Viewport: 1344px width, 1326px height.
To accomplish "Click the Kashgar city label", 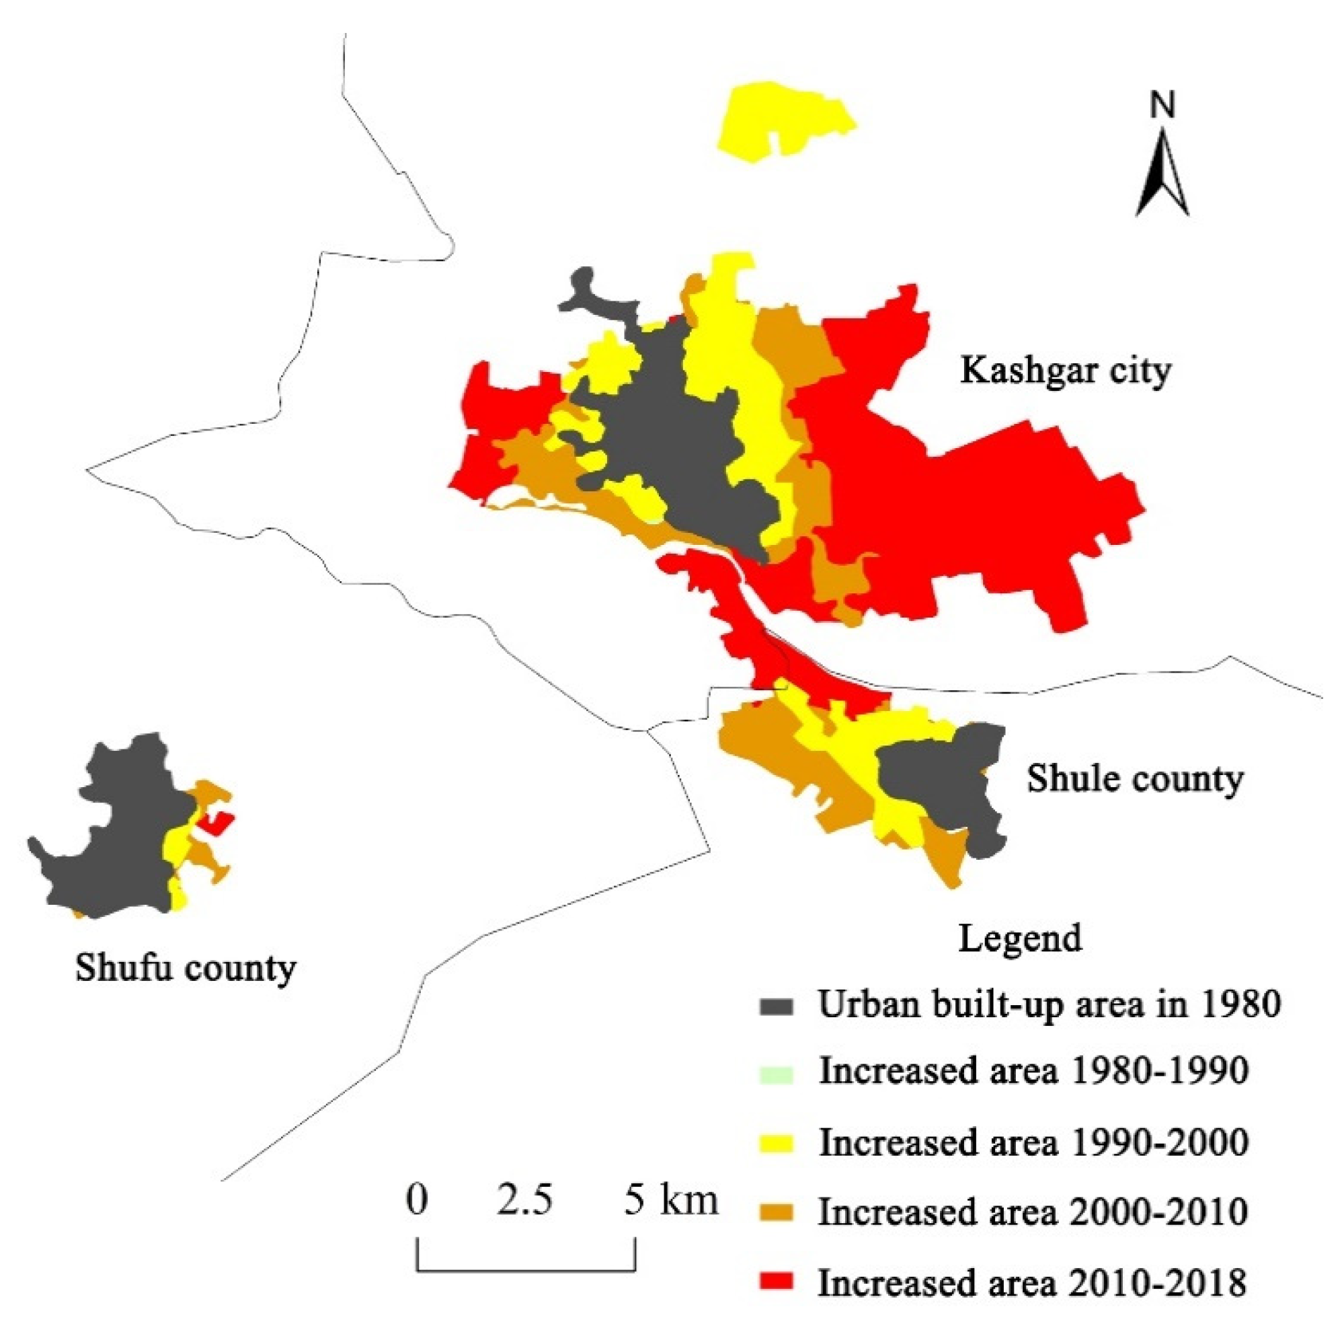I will click(1065, 370).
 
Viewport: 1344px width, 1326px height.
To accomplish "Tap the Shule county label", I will click(1135, 779).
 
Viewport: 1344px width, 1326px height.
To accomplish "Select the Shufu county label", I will click(186, 968).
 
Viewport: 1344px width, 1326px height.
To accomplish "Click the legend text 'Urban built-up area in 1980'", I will click(1049, 1006).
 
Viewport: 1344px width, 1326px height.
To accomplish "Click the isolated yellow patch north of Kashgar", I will click(786, 118).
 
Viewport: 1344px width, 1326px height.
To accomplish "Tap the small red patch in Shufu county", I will click(216, 823).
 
